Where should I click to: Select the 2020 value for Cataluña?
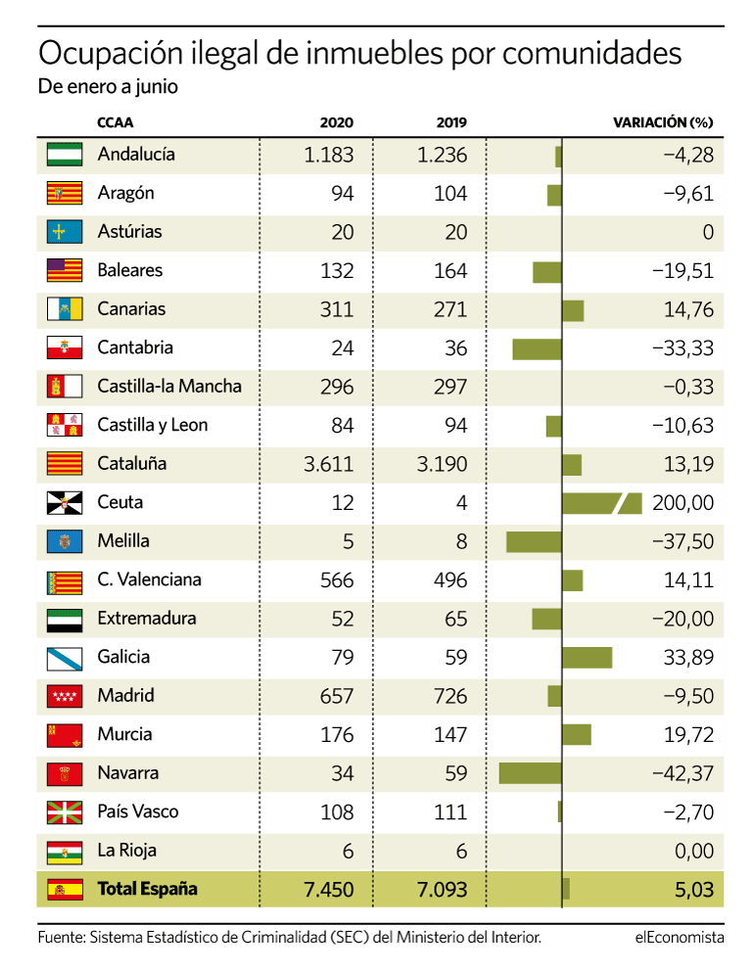pyautogui.click(x=329, y=464)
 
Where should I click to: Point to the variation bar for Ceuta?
pyautogui.click(x=601, y=503)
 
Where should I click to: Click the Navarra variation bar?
pyautogui.click(x=530, y=773)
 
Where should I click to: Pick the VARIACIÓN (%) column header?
pyautogui.click(x=663, y=122)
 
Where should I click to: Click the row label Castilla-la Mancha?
pyautogui.click(x=169, y=387)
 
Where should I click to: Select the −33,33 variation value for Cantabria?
pyautogui.click(x=682, y=348)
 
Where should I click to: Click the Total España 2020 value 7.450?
pyautogui.click(x=329, y=890)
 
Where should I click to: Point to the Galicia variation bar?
pyautogui.click(x=587, y=658)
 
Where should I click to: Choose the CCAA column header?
pyautogui.click(x=116, y=122)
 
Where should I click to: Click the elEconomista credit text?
pyautogui.click(x=679, y=938)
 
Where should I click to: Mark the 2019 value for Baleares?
pyautogui.click(x=450, y=271)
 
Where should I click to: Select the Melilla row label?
pyautogui.click(x=123, y=541)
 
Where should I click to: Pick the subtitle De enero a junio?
pyautogui.click(x=108, y=86)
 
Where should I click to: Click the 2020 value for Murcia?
pyautogui.click(x=336, y=735)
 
